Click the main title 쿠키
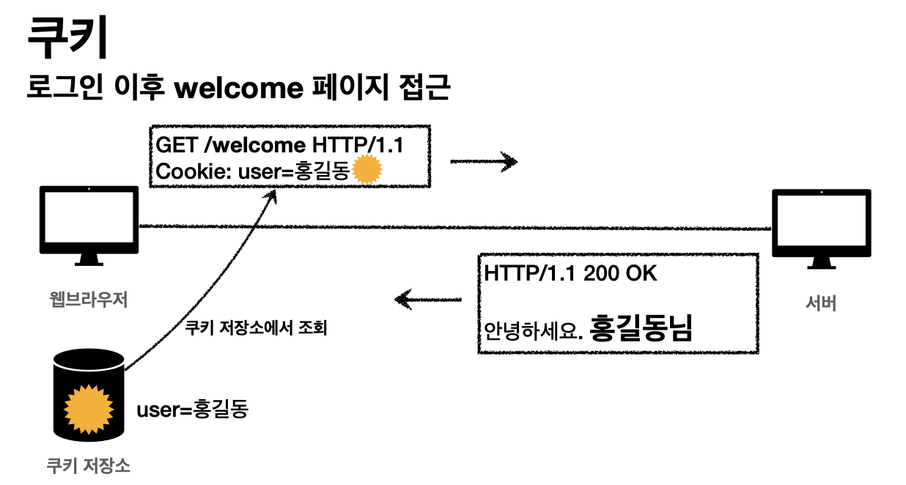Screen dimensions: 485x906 tap(67, 38)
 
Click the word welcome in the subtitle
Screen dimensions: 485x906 tap(240, 88)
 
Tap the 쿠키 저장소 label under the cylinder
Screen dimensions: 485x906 tap(88, 465)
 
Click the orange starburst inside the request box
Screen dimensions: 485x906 tap(367, 171)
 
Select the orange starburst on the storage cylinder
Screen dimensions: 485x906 tap(89, 405)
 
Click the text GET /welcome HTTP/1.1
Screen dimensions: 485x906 tap(279, 145)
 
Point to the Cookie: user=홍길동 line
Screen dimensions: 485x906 tap(253, 171)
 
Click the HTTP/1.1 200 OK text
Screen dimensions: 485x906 tap(570, 274)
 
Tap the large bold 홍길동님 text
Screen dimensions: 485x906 tap(641, 327)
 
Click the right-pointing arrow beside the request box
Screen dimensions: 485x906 tap(484, 162)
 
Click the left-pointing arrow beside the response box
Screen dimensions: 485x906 tap(428, 299)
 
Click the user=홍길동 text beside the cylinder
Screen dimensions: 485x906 tap(193, 409)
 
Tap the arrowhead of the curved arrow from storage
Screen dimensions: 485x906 tap(273, 193)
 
